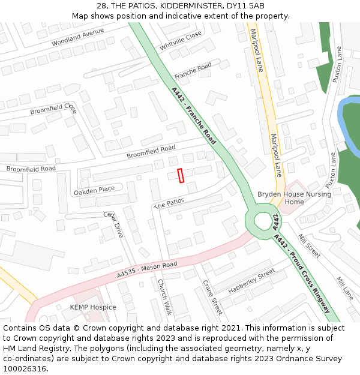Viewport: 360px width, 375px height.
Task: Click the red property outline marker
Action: coord(181,175)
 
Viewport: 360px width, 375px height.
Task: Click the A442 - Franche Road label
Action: coord(194,116)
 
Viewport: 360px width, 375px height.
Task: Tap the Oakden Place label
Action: coord(94,190)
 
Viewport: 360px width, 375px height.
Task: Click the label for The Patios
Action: coord(169,203)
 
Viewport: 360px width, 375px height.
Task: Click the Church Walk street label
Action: coord(164,297)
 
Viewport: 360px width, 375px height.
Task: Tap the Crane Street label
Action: coord(212,297)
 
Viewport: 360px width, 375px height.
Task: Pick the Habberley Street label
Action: coord(251,282)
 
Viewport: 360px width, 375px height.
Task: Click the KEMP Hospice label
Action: coord(93,307)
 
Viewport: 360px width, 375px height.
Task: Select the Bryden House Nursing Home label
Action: coord(294,198)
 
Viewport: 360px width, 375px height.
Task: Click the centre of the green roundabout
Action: coord(263,221)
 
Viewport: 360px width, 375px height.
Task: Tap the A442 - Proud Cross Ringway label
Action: coord(302,273)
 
